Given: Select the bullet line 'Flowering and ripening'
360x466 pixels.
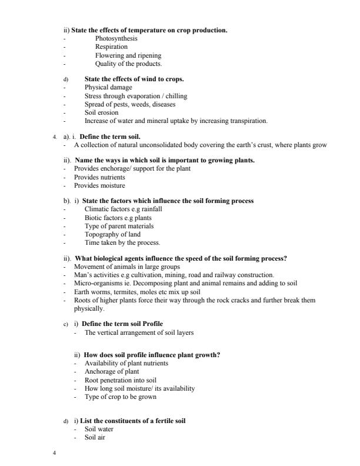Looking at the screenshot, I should (128, 55).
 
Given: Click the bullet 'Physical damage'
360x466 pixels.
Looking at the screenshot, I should (108, 87).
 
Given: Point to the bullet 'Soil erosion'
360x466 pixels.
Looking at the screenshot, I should (101, 112).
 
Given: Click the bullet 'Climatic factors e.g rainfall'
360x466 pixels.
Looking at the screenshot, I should (123, 209).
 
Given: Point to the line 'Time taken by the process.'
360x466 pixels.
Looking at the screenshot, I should (122, 242).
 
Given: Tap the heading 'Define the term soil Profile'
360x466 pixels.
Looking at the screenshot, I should (122, 324).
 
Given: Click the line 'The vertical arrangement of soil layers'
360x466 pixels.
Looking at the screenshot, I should (139, 332).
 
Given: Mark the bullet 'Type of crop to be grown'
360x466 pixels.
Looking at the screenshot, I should (120, 397).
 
